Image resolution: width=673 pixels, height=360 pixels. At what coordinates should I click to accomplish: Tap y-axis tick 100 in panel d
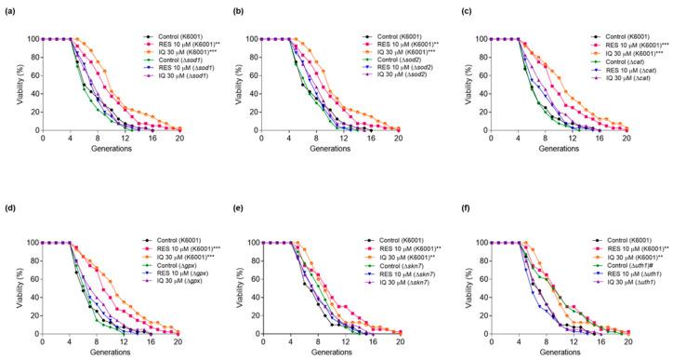pos(32,243)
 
